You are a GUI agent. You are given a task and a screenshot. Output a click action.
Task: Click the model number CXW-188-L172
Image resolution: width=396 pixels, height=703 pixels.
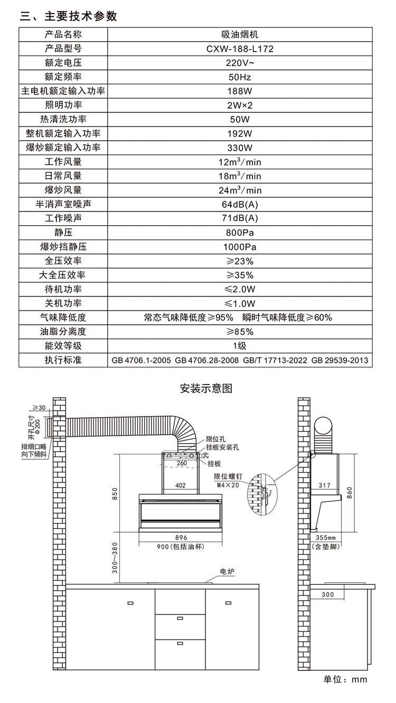[240, 49]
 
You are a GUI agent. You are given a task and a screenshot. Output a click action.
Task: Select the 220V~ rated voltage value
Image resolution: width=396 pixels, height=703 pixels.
[240, 63]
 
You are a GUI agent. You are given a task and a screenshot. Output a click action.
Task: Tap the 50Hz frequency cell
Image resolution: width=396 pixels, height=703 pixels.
[240, 77]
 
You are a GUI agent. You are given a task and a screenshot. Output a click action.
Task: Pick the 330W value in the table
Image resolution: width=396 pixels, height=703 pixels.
[240, 148]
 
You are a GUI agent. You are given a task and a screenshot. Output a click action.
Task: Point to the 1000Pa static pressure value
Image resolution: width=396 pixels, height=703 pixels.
[240, 247]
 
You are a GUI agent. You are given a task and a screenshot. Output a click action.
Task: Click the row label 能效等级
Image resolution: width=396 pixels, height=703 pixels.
[63, 346]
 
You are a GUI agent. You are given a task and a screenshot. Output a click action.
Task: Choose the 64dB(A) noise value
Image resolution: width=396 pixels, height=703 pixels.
[240, 204]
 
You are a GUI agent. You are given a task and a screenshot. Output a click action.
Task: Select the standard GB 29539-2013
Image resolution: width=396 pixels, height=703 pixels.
[340, 361]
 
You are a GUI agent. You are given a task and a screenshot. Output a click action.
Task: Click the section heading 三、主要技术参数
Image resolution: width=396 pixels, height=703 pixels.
[68, 16]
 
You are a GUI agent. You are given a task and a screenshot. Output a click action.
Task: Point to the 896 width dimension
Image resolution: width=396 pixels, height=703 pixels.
[182, 537]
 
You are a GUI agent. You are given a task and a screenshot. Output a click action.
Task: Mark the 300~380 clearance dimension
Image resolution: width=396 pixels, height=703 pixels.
[115, 559]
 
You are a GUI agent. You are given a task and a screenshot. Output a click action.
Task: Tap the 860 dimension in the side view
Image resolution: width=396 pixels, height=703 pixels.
[348, 491]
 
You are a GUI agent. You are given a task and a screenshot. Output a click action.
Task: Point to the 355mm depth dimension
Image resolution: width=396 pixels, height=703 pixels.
[325, 537]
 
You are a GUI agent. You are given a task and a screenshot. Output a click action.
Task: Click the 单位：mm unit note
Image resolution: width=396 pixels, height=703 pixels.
[345, 679]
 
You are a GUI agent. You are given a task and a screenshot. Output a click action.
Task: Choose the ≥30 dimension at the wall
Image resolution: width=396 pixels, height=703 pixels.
[39, 407]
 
